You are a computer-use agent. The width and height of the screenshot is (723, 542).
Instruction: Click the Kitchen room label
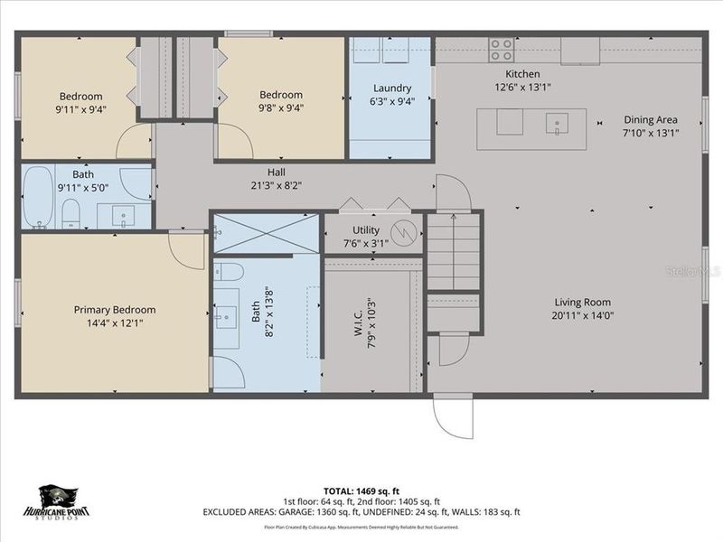coord(522,74)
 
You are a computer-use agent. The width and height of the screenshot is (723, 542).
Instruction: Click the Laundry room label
coord(392,89)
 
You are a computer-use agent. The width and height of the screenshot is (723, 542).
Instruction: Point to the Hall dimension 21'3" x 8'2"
coord(277,185)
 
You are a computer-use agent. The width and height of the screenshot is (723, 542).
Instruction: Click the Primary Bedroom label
coord(115,310)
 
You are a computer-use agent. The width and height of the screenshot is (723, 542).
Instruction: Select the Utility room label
coord(365,231)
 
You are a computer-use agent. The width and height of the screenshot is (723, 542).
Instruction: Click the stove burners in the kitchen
coord(502,50)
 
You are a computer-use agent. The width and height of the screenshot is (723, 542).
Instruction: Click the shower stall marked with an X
coord(267,233)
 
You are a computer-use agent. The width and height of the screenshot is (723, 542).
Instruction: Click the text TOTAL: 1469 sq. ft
coord(361,491)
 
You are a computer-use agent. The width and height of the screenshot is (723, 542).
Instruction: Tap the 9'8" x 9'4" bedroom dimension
coord(281,107)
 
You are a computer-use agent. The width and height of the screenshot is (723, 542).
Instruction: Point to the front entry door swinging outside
coord(452,416)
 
